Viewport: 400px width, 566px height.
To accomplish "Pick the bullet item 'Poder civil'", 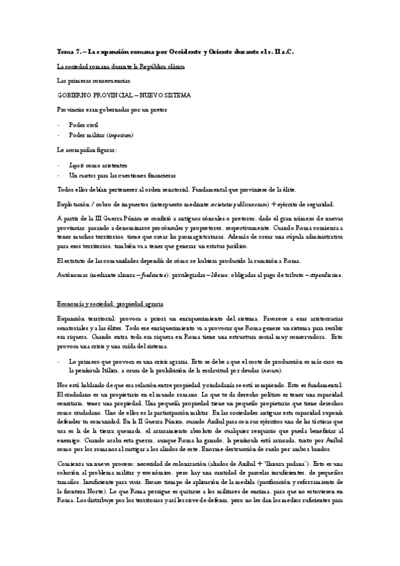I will click(84, 124).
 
